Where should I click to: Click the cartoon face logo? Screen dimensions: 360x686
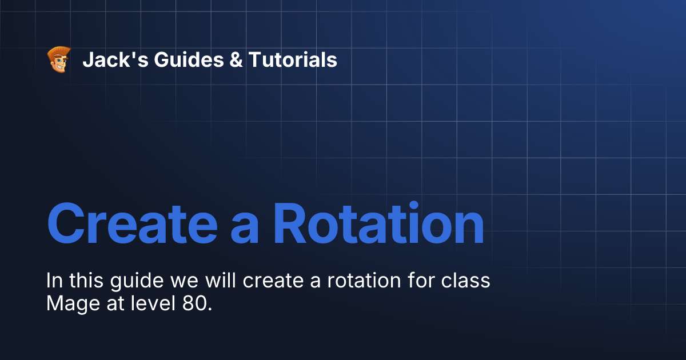(x=58, y=59)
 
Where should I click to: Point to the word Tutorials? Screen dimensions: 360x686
(x=292, y=59)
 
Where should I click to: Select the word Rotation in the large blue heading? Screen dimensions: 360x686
(x=378, y=224)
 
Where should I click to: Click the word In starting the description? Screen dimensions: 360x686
(x=54, y=281)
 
